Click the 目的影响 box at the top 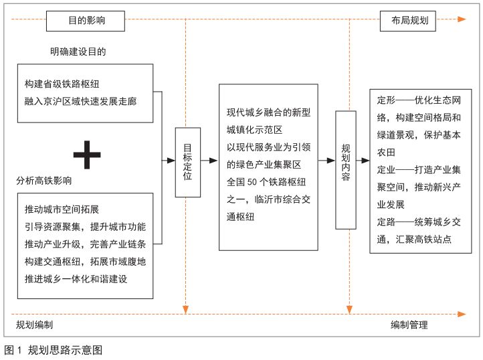click(x=86, y=21)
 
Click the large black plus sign click(x=87, y=155)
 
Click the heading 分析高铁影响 click(x=44, y=181)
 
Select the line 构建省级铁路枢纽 click(x=62, y=84)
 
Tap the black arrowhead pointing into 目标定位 click(x=171, y=161)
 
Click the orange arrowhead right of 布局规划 click(x=462, y=20)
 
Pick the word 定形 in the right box click(x=386, y=100)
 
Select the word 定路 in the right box click(x=386, y=221)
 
